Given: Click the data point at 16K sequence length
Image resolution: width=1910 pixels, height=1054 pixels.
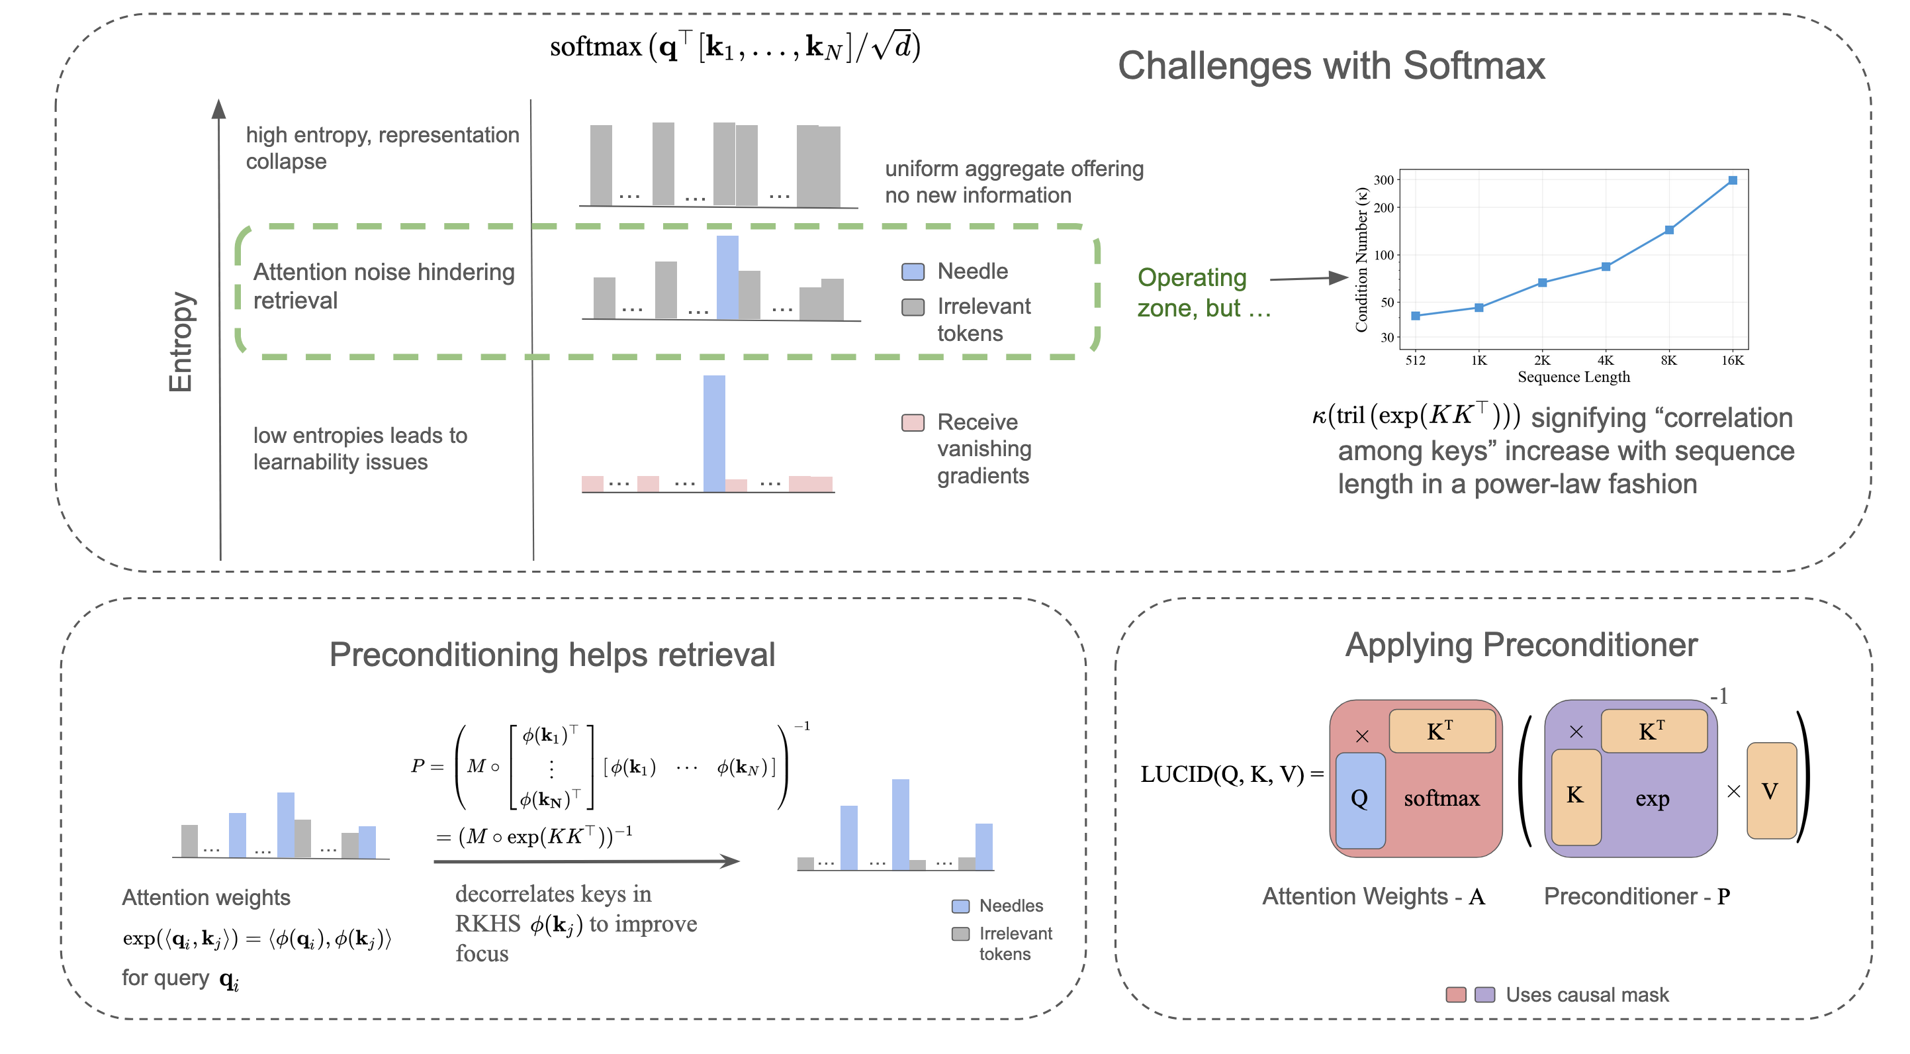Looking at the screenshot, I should coord(1732,180).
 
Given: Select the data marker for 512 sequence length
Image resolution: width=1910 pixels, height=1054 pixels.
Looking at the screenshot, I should coord(1416,316).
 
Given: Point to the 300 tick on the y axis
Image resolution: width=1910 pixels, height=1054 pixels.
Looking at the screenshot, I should coord(1384,180).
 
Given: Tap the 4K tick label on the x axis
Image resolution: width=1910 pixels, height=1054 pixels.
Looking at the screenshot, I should coord(1606,360).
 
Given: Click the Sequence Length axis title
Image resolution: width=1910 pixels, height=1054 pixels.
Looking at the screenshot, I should coord(1573,377).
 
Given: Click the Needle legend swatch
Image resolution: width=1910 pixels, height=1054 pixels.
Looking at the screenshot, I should coord(913,271).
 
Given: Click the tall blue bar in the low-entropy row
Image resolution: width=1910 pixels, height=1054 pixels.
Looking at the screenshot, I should coord(714,433).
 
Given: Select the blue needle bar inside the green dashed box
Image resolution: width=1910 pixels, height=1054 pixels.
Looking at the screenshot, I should coord(727,277).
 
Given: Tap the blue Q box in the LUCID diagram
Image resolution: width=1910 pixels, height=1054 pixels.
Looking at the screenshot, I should coord(1360,800).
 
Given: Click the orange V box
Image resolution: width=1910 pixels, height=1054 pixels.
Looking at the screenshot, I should coord(1770,790).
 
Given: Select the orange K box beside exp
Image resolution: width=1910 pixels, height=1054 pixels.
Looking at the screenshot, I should coord(1576,796).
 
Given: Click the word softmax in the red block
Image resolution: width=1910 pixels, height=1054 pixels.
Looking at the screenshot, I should coord(1441,799).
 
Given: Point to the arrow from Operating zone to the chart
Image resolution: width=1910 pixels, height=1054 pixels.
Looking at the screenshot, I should coord(1308,279).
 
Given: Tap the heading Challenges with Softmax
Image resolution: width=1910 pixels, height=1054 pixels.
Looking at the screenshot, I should coord(1331,66).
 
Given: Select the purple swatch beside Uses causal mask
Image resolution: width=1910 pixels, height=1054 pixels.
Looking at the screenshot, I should coord(1484,994).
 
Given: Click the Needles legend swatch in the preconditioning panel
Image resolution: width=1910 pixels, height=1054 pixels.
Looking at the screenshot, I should coord(960,906).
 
